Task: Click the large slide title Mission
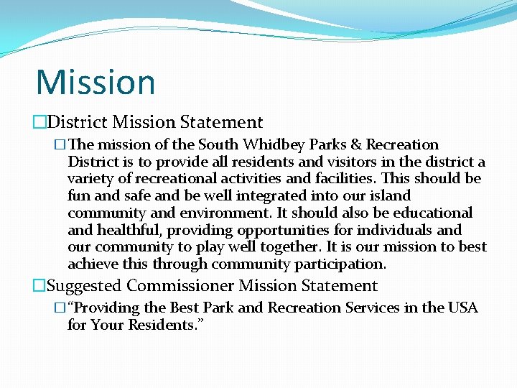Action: (x=96, y=82)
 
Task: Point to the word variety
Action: (x=90, y=179)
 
